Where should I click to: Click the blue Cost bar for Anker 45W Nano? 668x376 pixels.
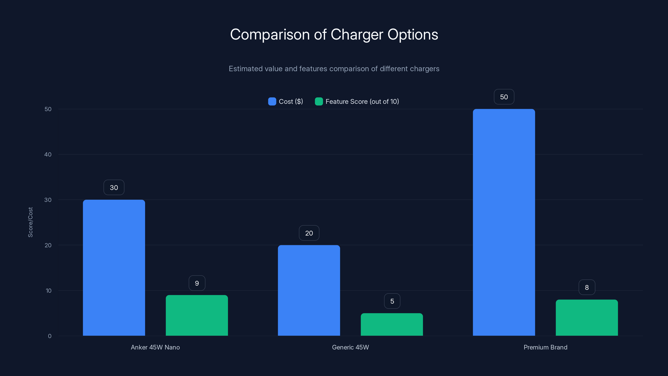[x=114, y=268]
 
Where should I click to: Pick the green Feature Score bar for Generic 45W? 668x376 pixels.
[x=392, y=324]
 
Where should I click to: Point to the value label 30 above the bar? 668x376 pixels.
[x=114, y=187]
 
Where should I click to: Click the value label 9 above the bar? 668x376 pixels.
[x=197, y=283]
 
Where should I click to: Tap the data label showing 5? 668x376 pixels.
[x=392, y=301]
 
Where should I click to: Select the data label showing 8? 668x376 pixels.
[x=587, y=287]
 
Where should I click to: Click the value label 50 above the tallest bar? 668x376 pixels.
[x=504, y=97]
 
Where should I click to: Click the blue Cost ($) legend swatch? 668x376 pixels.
[x=272, y=102]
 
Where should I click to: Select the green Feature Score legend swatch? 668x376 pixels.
[x=319, y=102]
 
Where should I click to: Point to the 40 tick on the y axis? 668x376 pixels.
[x=48, y=154]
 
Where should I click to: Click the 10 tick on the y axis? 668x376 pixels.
[x=48, y=291]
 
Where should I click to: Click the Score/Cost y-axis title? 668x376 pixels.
[x=30, y=222]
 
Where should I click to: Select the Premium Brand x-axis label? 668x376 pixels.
[x=545, y=347]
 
